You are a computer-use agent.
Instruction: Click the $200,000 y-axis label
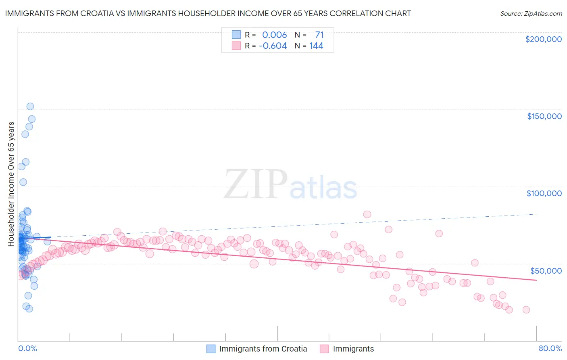543,39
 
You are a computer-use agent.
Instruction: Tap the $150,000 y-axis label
544,116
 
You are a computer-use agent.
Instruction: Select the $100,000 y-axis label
544,193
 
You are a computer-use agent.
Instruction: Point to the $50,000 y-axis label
546,270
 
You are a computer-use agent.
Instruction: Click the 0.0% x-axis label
27,348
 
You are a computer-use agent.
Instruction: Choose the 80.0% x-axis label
550,348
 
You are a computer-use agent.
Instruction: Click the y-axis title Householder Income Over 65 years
11,184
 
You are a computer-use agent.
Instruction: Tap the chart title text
208,13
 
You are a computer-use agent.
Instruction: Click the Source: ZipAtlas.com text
531,13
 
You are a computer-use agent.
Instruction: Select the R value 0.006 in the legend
274,35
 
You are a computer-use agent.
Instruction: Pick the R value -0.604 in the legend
273,46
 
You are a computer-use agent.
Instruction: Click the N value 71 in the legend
319,35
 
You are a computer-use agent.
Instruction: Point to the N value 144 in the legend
316,46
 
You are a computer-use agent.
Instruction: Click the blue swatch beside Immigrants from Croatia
211,349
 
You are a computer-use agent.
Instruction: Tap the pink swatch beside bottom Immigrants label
325,349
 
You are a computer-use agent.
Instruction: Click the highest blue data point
30,107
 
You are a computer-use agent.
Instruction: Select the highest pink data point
367,214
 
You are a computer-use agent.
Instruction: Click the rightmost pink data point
526,310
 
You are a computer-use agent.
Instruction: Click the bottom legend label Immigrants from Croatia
263,349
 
